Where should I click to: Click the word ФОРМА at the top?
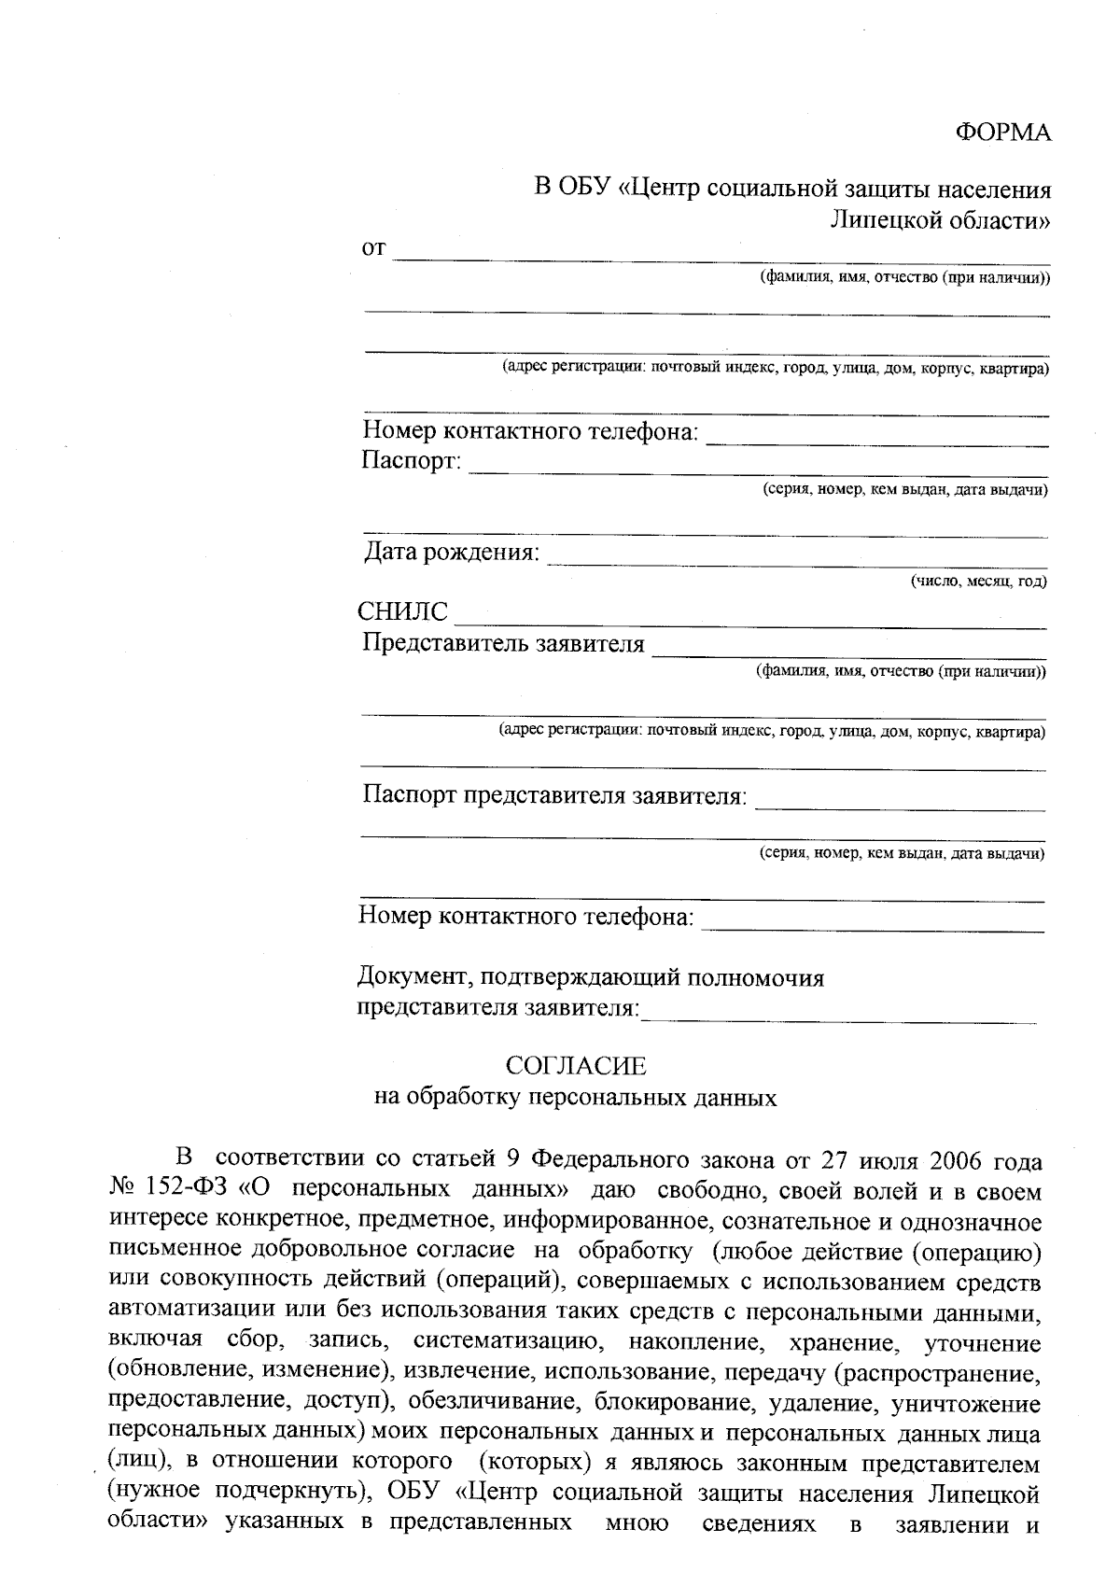point(1003,133)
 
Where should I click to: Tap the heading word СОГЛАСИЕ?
point(576,1066)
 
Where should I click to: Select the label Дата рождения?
point(451,553)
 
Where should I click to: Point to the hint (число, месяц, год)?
point(978,582)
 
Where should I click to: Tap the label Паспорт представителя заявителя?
point(554,796)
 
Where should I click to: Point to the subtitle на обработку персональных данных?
point(576,1097)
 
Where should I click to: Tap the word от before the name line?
point(373,250)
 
